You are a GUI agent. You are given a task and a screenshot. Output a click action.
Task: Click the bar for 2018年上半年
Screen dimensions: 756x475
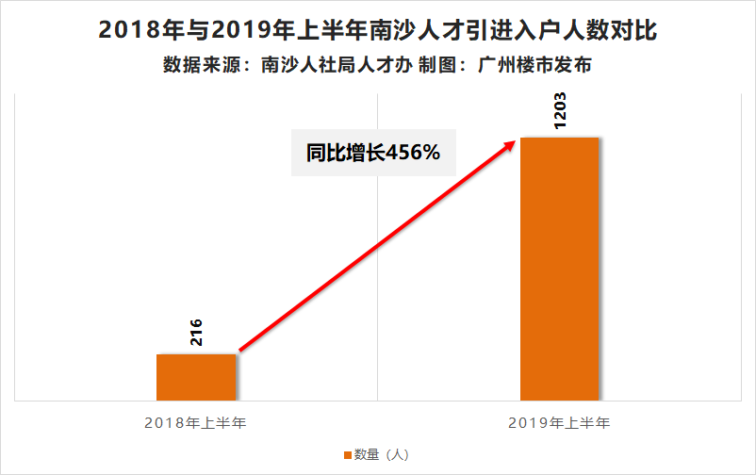point(196,377)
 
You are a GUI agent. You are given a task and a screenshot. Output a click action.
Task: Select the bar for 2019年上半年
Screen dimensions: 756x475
point(559,269)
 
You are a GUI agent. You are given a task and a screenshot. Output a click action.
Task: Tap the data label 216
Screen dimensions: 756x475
point(196,333)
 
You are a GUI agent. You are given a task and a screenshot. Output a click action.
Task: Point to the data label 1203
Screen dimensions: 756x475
point(560,111)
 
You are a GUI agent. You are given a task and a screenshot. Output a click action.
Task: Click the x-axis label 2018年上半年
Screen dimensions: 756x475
point(195,423)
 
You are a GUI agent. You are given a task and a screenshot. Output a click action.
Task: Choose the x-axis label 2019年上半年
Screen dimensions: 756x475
point(559,423)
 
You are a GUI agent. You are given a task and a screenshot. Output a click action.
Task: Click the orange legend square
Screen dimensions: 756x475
point(348,455)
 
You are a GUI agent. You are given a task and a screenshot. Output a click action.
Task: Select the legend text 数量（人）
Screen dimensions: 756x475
point(382,455)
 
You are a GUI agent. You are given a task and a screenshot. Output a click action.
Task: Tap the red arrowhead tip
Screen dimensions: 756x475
point(517,140)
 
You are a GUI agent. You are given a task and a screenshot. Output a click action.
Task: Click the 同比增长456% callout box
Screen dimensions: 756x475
point(373,153)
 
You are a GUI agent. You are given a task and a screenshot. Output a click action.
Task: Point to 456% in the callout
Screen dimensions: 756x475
point(413,153)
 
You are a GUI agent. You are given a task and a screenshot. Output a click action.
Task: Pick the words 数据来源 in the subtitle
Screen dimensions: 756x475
point(202,65)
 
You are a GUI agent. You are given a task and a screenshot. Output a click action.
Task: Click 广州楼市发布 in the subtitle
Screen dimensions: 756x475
point(534,65)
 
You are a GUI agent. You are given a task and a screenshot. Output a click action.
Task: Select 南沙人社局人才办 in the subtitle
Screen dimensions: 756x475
point(337,65)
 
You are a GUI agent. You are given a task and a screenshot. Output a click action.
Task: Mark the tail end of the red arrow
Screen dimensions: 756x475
point(240,351)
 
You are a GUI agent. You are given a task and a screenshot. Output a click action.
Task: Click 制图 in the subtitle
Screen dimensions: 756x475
point(436,65)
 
